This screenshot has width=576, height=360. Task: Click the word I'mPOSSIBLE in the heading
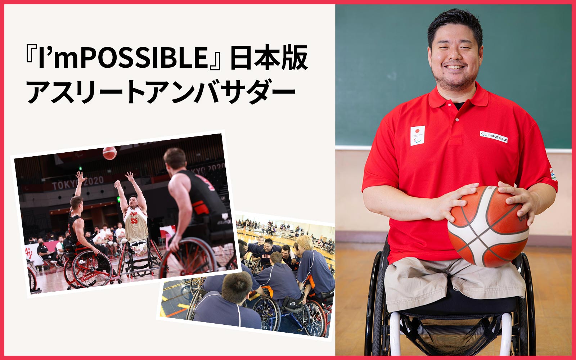[x=122, y=58]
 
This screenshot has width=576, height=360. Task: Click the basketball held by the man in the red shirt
[x=488, y=226]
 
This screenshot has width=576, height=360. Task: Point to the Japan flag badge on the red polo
[x=417, y=135]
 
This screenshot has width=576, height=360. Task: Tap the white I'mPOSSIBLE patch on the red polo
[x=494, y=137]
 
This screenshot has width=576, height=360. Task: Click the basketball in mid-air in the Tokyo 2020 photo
[x=109, y=153]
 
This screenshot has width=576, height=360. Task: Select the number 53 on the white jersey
[x=134, y=221]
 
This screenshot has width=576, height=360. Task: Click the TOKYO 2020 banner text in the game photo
[x=78, y=183]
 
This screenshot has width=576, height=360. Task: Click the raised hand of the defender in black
[x=80, y=177]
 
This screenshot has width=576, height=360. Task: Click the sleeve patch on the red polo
[x=553, y=174]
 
